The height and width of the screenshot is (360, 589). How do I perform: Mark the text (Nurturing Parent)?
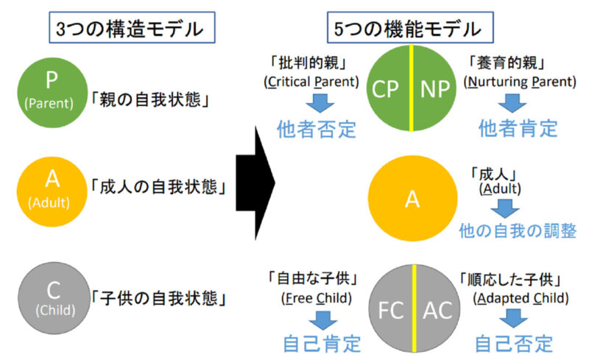[521, 82]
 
